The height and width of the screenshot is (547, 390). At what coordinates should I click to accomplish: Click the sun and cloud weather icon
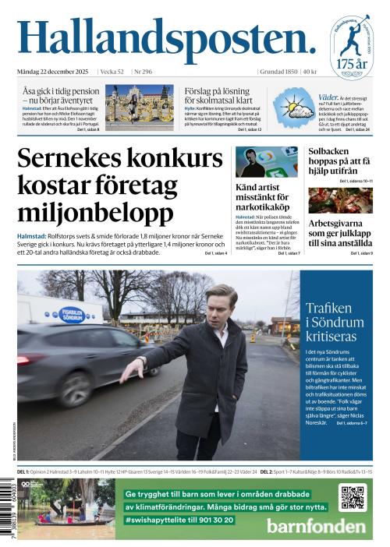pos(297,108)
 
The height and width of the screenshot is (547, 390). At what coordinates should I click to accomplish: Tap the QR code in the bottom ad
pos(352,496)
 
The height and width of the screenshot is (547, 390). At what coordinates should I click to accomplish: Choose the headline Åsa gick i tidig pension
pos(61,95)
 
